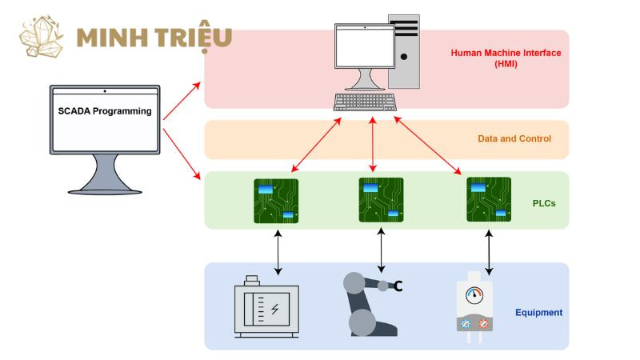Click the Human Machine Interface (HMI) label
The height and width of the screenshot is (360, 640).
pos(506,58)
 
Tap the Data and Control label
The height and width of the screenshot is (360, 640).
pos(514,138)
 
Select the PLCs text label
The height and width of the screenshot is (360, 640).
pos(544,203)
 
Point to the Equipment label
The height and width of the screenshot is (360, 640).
pos(538,312)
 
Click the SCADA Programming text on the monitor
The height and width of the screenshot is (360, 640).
pos(105,111)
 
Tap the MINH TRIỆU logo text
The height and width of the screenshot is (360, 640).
pos(154,37)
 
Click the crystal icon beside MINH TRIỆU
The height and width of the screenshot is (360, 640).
pos(42,37)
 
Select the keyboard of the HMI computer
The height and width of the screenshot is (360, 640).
pos(365,102)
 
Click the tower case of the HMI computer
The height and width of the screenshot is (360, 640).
pos(404,51)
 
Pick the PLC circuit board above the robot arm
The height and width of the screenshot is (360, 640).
pos(382,200)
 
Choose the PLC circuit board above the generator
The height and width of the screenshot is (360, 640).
pos(276,201)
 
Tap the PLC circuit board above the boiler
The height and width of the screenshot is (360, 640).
pos(489,199)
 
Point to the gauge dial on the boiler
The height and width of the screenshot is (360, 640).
pos(474,295)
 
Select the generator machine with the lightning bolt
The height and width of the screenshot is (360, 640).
pos(266,306)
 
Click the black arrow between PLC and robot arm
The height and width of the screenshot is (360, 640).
pos(382,250)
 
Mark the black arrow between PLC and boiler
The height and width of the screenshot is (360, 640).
pos(489,252)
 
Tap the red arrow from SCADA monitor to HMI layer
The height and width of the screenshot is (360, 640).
pos(182,101)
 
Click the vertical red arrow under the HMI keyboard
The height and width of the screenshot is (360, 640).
pos(373,145)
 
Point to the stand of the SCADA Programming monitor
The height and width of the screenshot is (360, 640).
pos(105,174)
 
